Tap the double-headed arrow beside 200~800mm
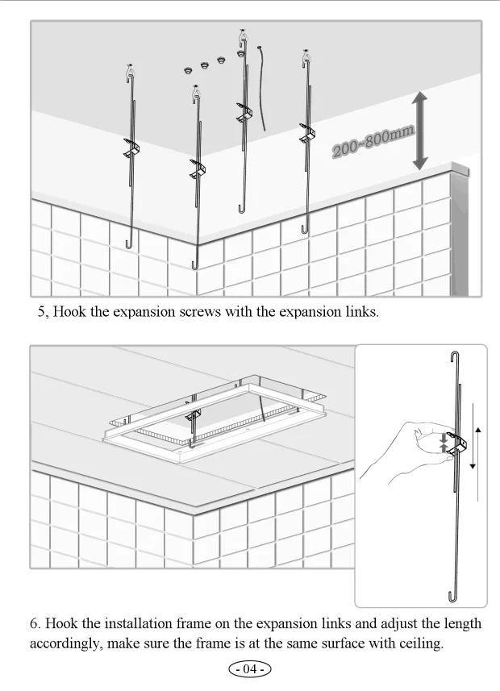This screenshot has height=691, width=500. pyautogui.click(x=419, y=130)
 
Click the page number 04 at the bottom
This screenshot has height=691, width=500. pyautogui.click(x=250, y=669)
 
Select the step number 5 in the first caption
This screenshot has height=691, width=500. pyautogui.click(x=42, y=312)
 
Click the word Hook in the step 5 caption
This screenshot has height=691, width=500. pyautogui.click(x=69, y=312)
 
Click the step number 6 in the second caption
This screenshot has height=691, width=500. pyautogui.click(x=35, y=624)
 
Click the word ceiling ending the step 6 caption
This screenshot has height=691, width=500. pyautogui.click(x=420, y=644)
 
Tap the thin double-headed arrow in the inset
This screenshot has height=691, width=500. pyautogui.click(x=477, y=448)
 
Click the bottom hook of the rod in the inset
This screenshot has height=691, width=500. pyautogui.click(x=454, y=596)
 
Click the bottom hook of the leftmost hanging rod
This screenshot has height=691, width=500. pyautogui.click(x=127, y=243)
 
